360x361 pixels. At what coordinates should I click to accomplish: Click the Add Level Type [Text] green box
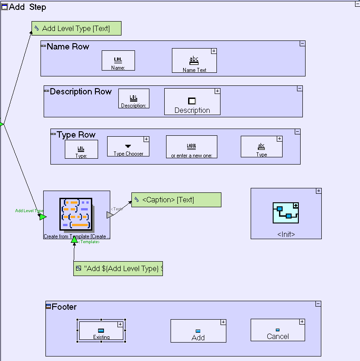pos(76,28)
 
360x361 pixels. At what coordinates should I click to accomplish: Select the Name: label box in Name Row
pos(118,60)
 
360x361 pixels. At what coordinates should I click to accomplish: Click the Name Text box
pos(194,61)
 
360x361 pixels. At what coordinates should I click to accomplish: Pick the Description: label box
pos(134,98)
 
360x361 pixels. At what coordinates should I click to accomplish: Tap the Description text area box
pos(192,102)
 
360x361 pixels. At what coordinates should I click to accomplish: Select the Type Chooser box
pos(128,147)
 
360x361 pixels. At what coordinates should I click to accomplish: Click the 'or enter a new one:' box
pos(191,147)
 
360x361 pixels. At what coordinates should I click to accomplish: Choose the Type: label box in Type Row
pos(81,149)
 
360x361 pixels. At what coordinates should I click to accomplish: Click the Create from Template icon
pos(76,214)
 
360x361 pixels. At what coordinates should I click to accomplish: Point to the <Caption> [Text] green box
pos(176,200)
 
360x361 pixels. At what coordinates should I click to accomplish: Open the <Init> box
pos(286,214)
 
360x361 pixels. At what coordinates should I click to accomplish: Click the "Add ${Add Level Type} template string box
pos(118,268)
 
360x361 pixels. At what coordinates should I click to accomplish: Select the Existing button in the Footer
pos(101,331)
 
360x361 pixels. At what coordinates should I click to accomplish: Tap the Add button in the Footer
pos(198,331)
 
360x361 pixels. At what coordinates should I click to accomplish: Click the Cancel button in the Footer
pos(278,330)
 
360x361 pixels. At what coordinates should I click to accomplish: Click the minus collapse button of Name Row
pos(302,44)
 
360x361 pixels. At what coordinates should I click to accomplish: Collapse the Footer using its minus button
pos(318,304)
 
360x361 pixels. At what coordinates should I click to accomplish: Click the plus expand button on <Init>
pos(319,191)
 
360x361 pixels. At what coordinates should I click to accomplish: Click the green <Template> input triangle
pos(74,240)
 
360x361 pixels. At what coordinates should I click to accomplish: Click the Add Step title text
pos(27,7)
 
